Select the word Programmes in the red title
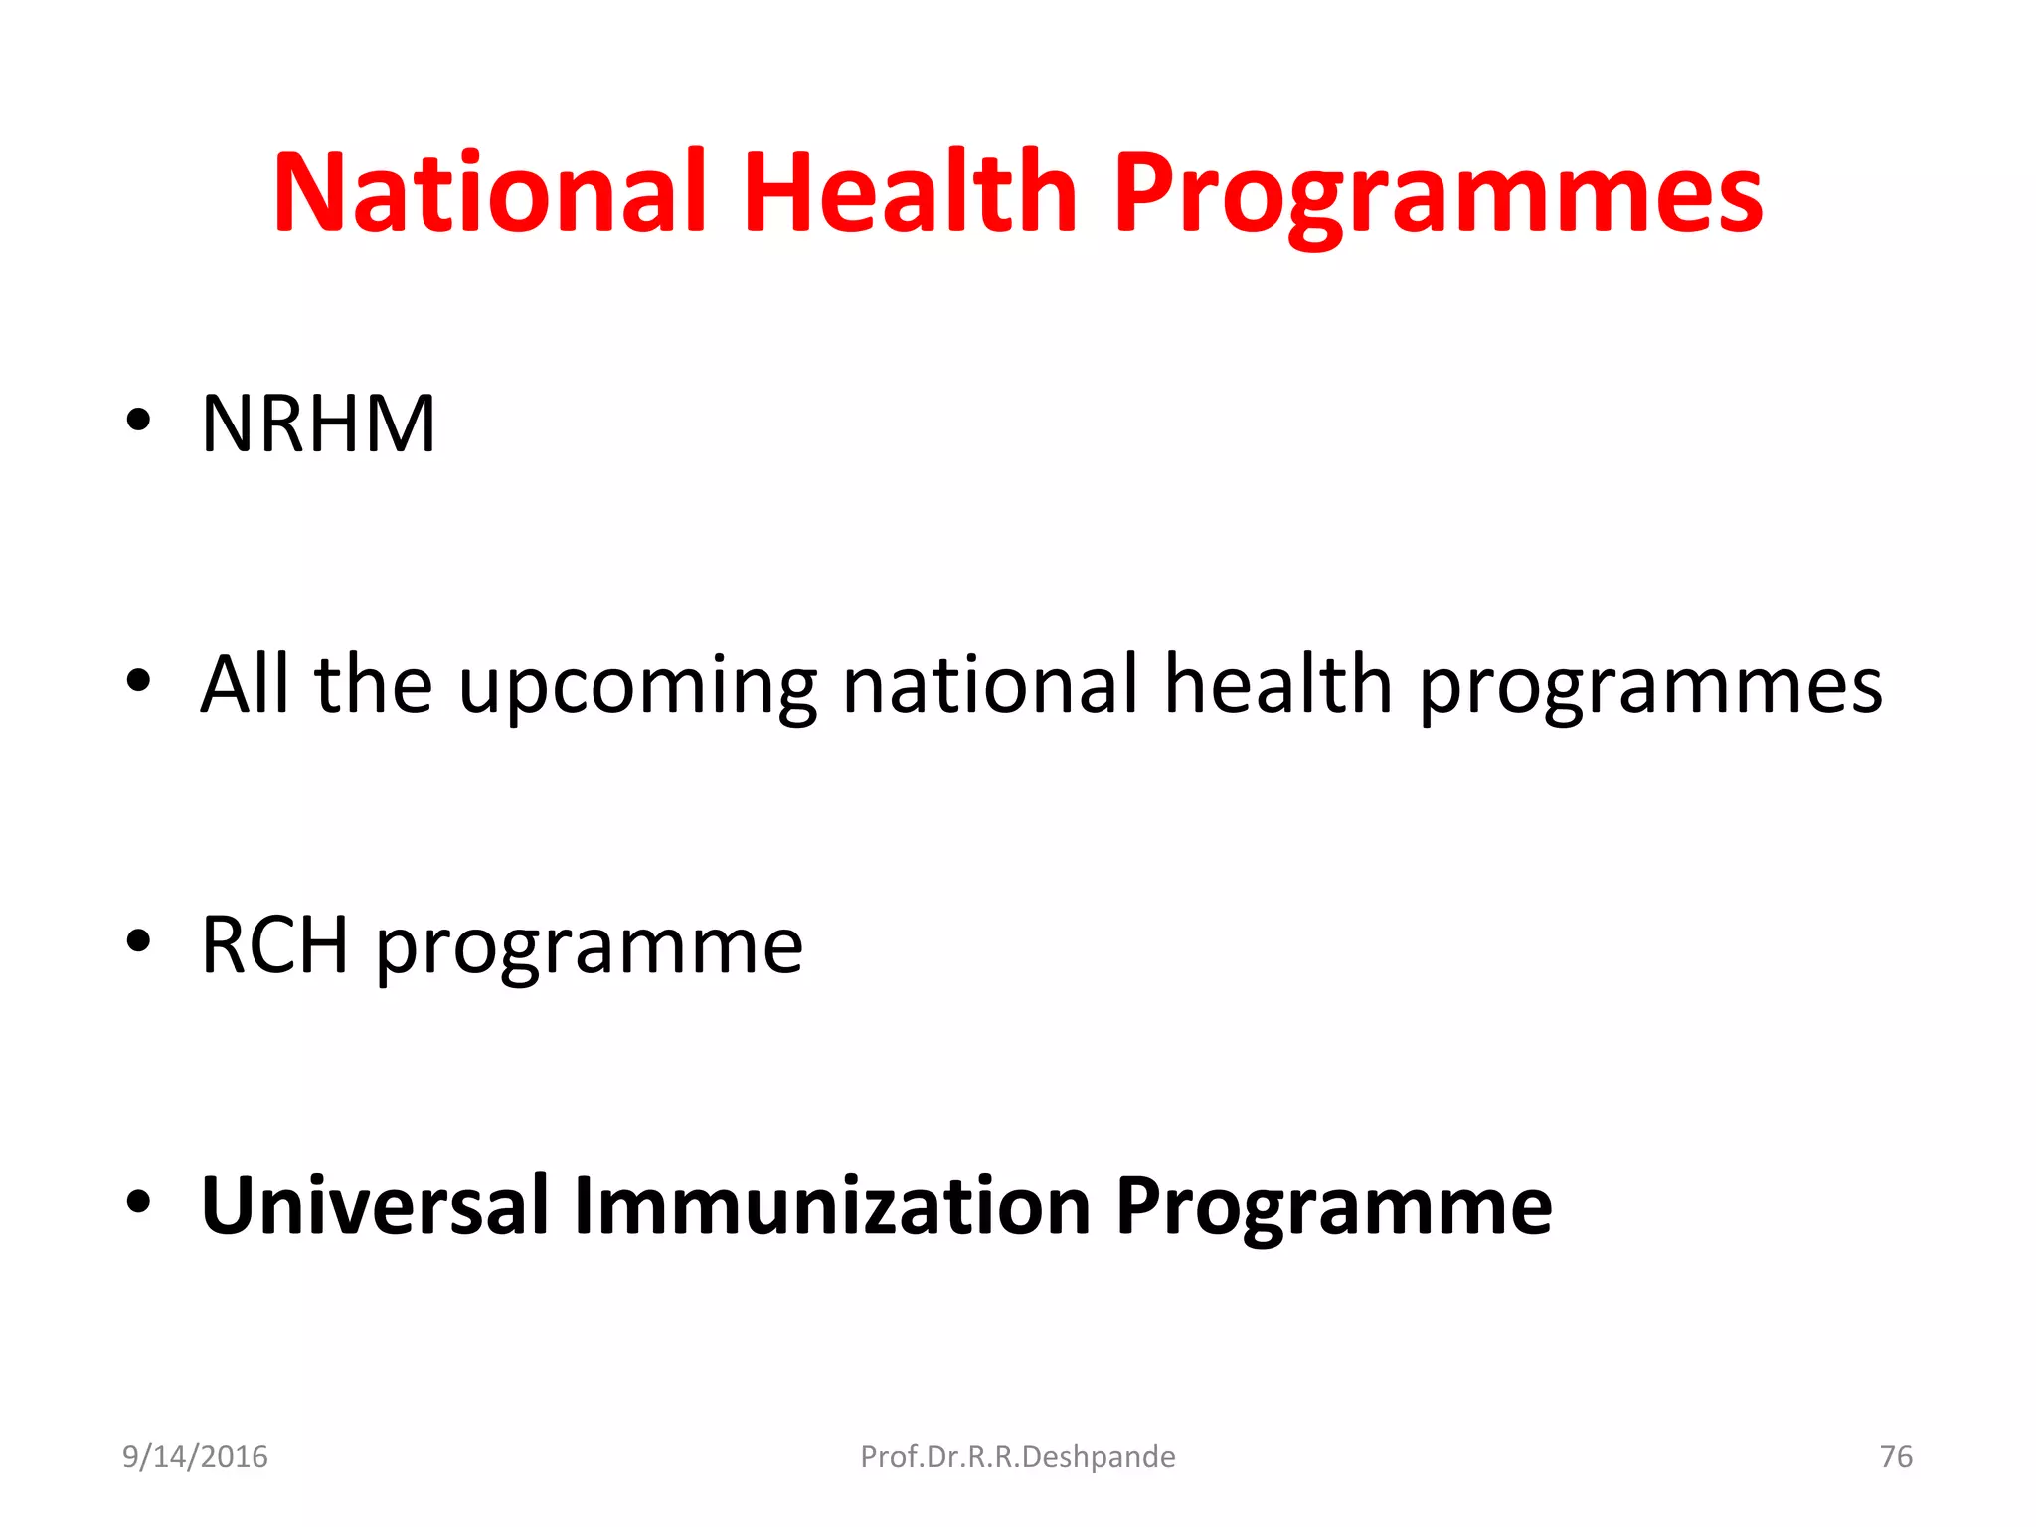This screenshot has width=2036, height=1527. coord(1438,194)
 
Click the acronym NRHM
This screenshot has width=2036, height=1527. coord(318,424)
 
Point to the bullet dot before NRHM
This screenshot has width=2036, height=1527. coord(138,422)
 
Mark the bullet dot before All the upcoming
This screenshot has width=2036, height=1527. coord(138,682)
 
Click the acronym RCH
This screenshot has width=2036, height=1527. coord(274,945)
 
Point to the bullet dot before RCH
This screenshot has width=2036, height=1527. coord(138,941)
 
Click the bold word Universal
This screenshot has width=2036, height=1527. coord(375,1205)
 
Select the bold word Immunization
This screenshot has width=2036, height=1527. coord(832,1205)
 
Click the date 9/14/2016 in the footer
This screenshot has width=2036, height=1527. coord(195,1457)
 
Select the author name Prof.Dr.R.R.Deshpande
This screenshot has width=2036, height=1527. coord(1017,1457)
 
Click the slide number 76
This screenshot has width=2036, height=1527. coord(1896,1457)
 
